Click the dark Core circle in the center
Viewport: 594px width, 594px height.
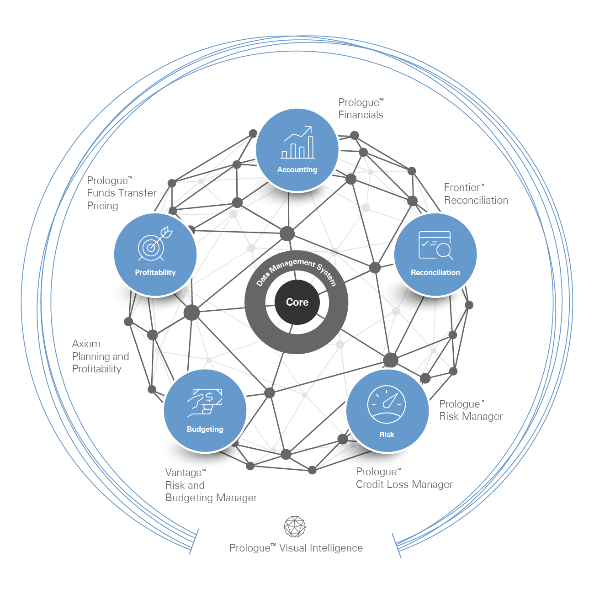pos(297,302)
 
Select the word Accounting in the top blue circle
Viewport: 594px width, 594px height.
pos(297,170)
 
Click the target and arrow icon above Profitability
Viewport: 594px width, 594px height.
pos(155,243)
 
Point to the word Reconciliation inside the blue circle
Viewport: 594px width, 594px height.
pos(435,272)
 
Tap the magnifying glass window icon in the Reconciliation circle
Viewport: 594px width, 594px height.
pos(435,245)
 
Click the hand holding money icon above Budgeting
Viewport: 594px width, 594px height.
pos(205,402)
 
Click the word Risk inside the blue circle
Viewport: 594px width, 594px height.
pos(387,435)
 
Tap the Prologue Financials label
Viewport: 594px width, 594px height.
pos(361,109)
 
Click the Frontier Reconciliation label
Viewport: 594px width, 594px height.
pos(476,194)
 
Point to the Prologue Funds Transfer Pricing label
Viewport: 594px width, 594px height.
pos(122,193)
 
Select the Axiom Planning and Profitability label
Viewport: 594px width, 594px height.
pos(101,356)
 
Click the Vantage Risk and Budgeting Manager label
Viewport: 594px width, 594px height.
pos(211,485)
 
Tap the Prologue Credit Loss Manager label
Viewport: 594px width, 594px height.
pos(404,478)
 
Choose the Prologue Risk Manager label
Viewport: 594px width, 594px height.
pos(470,410)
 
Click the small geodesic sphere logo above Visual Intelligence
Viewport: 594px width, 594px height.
pos(295,527)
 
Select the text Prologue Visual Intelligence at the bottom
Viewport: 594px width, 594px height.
pos(296,548)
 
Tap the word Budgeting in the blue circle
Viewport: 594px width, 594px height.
pos(205,429)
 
